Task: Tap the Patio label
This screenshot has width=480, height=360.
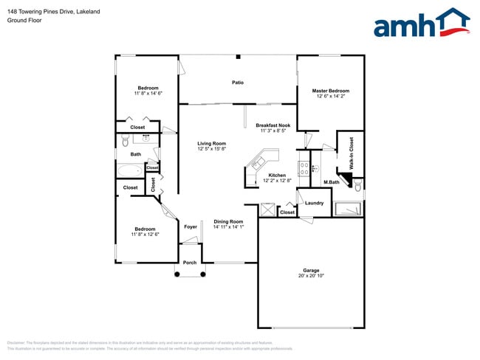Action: pos(238,83)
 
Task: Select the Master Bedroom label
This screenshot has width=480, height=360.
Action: pos(331,91)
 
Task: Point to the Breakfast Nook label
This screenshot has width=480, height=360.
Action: pos(272,125)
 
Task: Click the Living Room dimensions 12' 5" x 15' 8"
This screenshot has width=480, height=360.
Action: pos(211,149)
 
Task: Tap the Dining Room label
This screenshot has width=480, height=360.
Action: pos(228,221)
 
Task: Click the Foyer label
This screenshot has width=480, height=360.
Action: pos(191,226)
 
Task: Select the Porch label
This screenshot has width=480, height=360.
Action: pos(190,263)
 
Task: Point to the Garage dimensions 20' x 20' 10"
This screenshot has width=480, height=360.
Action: pos(310,275)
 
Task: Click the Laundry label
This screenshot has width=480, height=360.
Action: pos(315,203)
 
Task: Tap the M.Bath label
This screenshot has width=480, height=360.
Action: pos(331,182)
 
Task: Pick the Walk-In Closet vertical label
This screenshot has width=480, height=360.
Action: pos(352,153)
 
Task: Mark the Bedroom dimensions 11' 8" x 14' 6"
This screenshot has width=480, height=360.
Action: pos(148,94)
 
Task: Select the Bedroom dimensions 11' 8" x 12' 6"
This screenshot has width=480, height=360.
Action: pos(145,234)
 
